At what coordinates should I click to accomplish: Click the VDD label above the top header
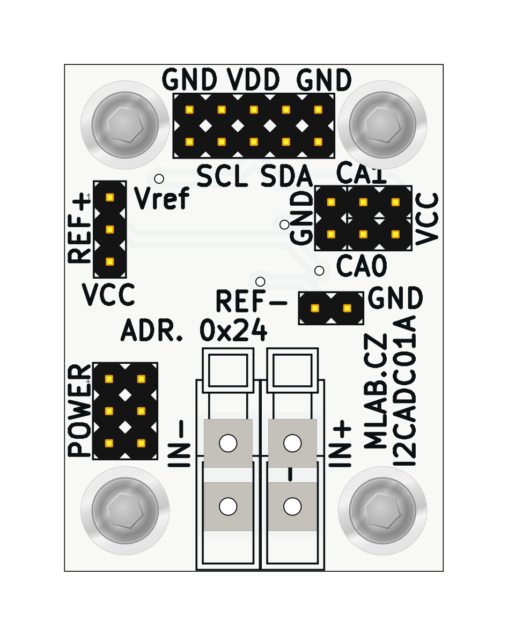click(x=253, y=80)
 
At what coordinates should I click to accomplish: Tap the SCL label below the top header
click(x=222, y=176)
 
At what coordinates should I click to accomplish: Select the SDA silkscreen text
click(x=286, y=176)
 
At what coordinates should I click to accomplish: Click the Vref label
click(x=161, y=199)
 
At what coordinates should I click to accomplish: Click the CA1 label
click(x=361, y=174)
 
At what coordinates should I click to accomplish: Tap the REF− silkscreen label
click(x=251, y=302)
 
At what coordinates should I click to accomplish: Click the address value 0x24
click(x=233, y=331)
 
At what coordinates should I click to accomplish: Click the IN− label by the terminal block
click(x=180, y=444)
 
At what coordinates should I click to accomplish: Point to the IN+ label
click(x=340, y=444)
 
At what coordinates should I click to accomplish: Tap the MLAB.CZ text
click(x=376, y=391)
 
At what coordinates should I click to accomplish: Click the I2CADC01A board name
click(x=405, y=391)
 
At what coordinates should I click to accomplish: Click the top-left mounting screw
click(x=125, y=125)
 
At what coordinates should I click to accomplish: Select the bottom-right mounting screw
click(x=382, y=511)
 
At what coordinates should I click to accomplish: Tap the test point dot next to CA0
click(x=319, y=271)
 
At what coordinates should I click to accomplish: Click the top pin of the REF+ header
click(x=110, y=197)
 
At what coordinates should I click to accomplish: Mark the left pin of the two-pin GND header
click(x=315, y=308)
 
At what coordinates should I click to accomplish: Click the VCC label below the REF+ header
click(x=108, y=294)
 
